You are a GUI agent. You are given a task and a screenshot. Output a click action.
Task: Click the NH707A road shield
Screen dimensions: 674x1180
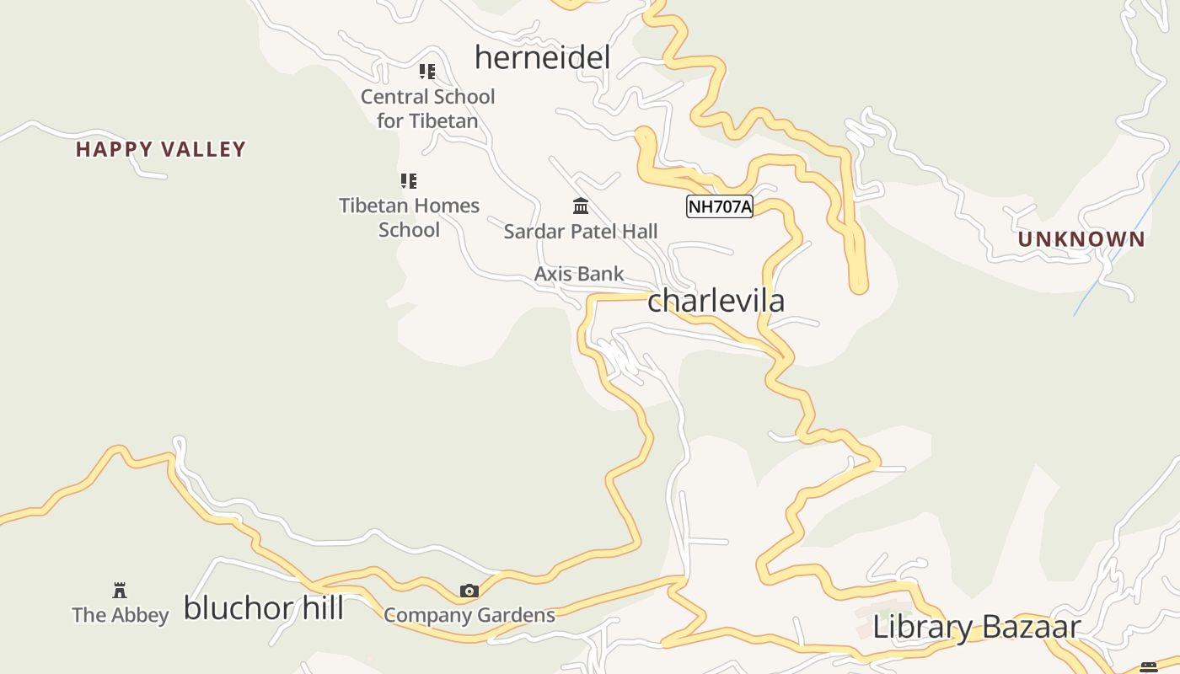point(719,206)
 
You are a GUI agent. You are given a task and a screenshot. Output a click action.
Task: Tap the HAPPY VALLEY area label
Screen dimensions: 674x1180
point(160,149)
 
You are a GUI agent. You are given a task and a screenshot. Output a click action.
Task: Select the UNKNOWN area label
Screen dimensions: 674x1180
point(1081,239)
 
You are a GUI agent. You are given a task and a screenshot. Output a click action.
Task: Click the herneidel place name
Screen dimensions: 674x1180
point(542,57)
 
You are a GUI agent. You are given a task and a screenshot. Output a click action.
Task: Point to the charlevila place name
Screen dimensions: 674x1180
point(716,300)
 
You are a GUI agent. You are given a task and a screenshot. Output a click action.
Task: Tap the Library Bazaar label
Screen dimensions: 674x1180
point(976,627)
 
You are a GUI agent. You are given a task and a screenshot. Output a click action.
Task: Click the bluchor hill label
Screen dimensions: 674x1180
point(263,607)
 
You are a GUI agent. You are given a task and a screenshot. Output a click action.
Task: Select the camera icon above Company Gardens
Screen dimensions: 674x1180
point(469,591)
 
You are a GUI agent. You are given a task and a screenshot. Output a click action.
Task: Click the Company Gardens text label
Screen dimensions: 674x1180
point(469,615)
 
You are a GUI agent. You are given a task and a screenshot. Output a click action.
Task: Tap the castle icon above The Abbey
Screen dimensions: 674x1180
point(120,590)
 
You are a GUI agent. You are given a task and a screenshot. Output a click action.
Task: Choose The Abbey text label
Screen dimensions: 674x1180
point(121,615)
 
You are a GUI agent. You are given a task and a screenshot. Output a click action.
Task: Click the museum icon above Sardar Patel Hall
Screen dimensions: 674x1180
point(580,206)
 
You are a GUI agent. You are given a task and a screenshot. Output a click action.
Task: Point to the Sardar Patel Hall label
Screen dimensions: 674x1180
point(580,231)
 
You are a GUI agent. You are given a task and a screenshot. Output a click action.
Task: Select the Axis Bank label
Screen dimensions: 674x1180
point(579,274)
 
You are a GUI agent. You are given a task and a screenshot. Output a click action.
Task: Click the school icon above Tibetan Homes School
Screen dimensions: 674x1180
point(409,180)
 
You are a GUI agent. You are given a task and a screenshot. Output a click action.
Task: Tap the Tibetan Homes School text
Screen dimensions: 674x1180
point(409,217)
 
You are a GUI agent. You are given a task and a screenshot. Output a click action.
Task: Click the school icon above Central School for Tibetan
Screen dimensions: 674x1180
point(427,72)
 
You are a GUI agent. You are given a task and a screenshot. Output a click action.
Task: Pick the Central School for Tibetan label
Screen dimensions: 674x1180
point(427,109)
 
